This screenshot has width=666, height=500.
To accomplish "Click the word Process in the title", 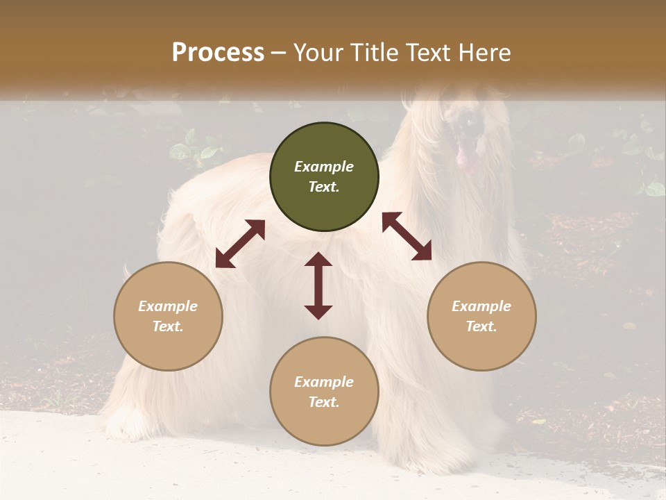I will [x=218, y=53].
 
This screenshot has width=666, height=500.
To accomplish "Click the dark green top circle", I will [x=324, y=177].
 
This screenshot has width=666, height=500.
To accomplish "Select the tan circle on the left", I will [x=168, y=316].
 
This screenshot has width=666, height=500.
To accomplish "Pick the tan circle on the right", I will [x=481, y=316].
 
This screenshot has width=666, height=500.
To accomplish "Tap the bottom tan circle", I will [x=324, y=392].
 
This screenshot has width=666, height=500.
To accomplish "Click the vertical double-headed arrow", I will [x=318, y=285].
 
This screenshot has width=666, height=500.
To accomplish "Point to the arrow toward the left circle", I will [x=240, y=244].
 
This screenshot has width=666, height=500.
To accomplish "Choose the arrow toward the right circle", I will [x=407, y=236].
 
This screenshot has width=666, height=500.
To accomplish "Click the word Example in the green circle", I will [x=324, y=167].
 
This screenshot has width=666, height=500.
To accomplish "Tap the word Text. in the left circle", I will [x=168, y=326].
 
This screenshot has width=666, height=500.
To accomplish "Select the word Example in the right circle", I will [x=481, y=306].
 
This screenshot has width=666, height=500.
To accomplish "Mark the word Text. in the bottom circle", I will [x=324, y=402].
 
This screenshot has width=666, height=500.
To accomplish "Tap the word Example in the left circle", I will [x=168, y=306].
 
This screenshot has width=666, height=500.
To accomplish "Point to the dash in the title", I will [x=279, y=53].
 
